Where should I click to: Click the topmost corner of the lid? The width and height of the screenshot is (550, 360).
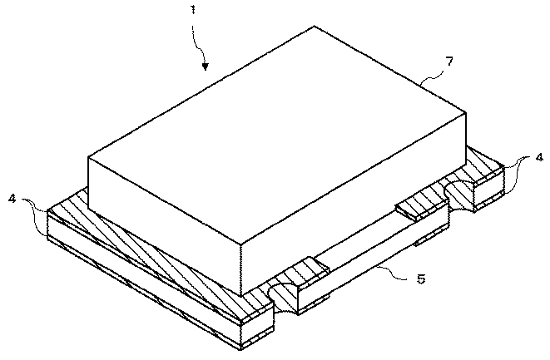315,27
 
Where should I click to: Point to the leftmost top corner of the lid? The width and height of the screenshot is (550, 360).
88,158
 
